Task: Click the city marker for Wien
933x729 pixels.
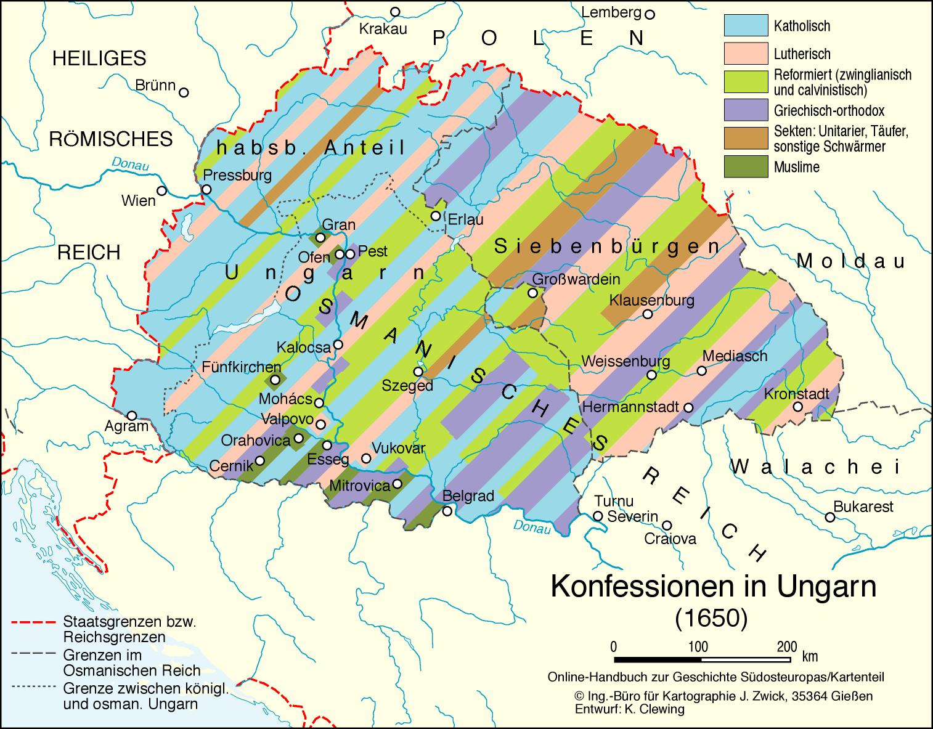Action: point(161,190)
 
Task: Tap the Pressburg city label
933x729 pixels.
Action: point(237,175)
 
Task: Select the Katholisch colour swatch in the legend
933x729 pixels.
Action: point(746,26)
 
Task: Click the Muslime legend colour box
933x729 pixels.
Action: point(746,167)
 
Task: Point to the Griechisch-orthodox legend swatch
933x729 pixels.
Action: point(746,111)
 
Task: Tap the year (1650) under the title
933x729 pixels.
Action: point(711,617)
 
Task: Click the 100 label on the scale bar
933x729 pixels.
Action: point(698,646)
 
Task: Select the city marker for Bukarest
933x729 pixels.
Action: point(830,518)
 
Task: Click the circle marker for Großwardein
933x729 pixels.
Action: point(532,293)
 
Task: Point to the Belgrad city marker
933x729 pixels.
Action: point(447,511)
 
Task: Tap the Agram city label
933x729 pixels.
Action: point(126,426)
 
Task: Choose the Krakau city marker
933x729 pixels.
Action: point(395,12)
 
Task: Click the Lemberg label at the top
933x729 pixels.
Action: point(611,12)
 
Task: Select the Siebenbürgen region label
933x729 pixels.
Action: point(607,247)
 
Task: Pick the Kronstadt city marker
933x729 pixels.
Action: point(797,407)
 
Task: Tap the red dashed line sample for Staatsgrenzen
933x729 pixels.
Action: point(34,621)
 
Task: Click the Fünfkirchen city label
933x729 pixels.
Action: point(233,367)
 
